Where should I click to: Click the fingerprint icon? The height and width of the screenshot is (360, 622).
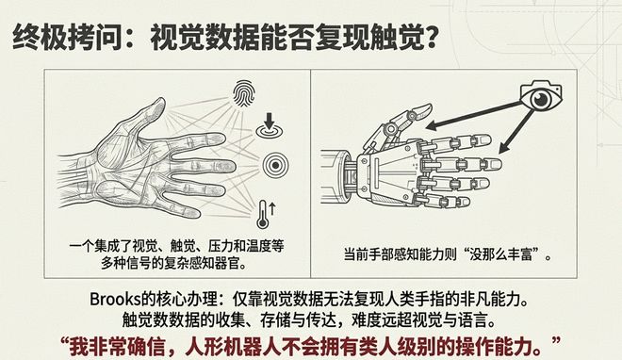243,94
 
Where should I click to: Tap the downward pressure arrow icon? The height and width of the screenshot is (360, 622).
270,125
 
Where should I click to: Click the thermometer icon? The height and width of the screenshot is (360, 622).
264,214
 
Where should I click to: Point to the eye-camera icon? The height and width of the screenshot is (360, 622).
541,96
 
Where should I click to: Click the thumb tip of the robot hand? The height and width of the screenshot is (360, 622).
423,108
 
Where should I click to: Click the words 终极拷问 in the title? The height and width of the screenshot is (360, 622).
67,37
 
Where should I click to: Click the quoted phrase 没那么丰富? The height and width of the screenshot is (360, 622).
507,254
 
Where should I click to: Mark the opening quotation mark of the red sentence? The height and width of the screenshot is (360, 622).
65,341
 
